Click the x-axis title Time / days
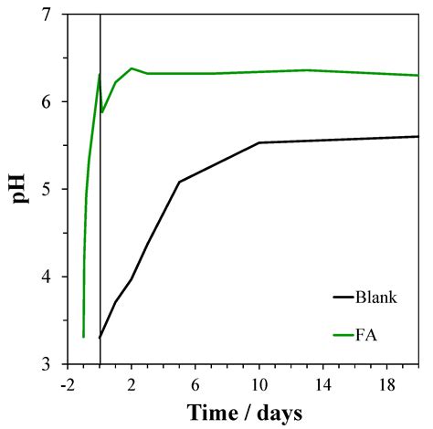pos(244,412)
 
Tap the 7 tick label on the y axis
pos(47,16)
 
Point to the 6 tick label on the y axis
pos(47,102)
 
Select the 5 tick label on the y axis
pos(47,190)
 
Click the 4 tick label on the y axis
pos(47,277)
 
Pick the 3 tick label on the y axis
pos(47,364)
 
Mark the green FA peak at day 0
pos(100,75)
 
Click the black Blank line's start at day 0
pos(100,338)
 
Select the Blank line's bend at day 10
pos(259,142)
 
